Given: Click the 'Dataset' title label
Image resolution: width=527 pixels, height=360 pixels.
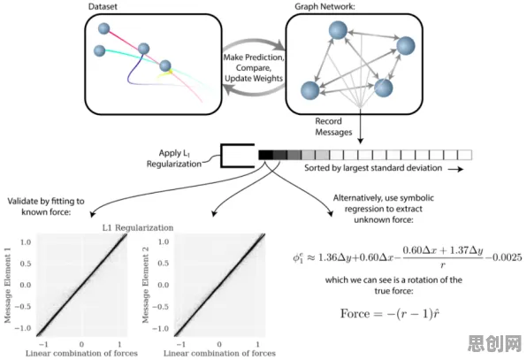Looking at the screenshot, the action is coord(103,7).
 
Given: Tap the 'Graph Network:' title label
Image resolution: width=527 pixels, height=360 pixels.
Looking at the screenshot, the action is coord(325,7).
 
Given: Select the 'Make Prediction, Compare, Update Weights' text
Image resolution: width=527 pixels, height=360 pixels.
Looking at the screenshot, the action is coord(254,68).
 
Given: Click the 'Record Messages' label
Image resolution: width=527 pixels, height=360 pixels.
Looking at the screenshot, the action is coord(333,126).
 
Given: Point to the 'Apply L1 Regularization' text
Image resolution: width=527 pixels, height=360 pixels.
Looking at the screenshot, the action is coord(174,158).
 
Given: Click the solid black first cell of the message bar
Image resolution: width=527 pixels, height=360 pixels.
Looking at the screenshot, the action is coord(265,155).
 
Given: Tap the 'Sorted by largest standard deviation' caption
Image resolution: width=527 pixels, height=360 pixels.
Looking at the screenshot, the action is coord(373,168).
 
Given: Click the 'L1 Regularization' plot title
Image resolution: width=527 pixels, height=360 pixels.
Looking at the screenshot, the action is coord(138,227).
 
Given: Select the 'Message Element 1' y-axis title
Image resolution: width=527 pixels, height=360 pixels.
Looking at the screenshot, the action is coord(8,286).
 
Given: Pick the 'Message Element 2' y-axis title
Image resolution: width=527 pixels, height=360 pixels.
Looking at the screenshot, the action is coord(146,286).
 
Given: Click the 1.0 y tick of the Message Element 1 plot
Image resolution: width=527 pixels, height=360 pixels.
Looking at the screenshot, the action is coord(26,242).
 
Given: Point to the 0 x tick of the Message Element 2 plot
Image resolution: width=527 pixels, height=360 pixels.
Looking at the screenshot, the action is coord(219,344).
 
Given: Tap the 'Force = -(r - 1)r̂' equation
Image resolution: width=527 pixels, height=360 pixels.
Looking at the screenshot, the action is coord(390,314).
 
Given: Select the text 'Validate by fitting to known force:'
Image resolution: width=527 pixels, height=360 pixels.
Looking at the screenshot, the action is coord(46,206).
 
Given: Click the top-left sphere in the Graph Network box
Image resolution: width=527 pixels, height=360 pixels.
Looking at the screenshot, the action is coord(338,30).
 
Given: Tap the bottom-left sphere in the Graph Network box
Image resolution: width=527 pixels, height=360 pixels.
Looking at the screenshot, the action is coord(309,90).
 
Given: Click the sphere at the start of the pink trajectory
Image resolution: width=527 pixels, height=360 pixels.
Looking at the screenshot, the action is coord(103,28).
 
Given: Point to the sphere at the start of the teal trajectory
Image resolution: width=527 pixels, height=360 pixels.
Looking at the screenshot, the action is coord(100,50).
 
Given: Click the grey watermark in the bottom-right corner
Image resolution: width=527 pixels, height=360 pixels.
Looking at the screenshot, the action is coord(495,343).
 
